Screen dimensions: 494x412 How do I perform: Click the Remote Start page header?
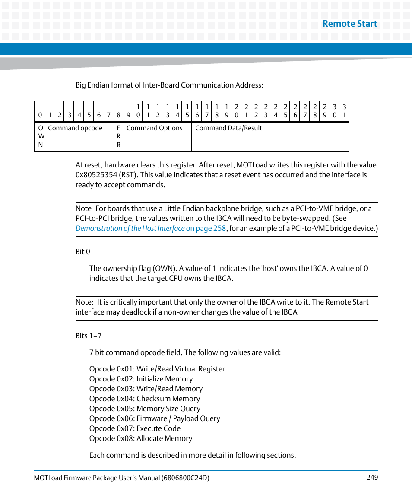point(350,24)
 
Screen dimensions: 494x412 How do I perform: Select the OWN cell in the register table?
point(40,136)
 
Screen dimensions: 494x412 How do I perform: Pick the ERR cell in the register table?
point(118,136)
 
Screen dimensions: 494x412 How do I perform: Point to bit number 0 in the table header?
point(40,115)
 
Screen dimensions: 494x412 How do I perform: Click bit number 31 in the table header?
point(344,111)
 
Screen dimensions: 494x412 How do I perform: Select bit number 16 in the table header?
point(197,111)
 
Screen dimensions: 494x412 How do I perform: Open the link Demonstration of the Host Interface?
point(130,228)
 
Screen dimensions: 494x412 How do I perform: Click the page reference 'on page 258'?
point(206,228)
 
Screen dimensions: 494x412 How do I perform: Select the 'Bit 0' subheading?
point(82,252)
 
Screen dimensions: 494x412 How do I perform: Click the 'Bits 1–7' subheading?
point(89,336)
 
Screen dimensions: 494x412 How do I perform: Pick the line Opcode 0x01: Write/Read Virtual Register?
point(157,369)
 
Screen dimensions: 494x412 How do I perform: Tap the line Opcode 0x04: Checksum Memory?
point(145,399)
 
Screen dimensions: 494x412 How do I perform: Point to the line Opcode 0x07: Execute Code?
point(135,428)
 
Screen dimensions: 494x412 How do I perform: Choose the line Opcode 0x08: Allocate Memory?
point(141,438)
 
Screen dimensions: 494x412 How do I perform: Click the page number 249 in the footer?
point(372,477)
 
